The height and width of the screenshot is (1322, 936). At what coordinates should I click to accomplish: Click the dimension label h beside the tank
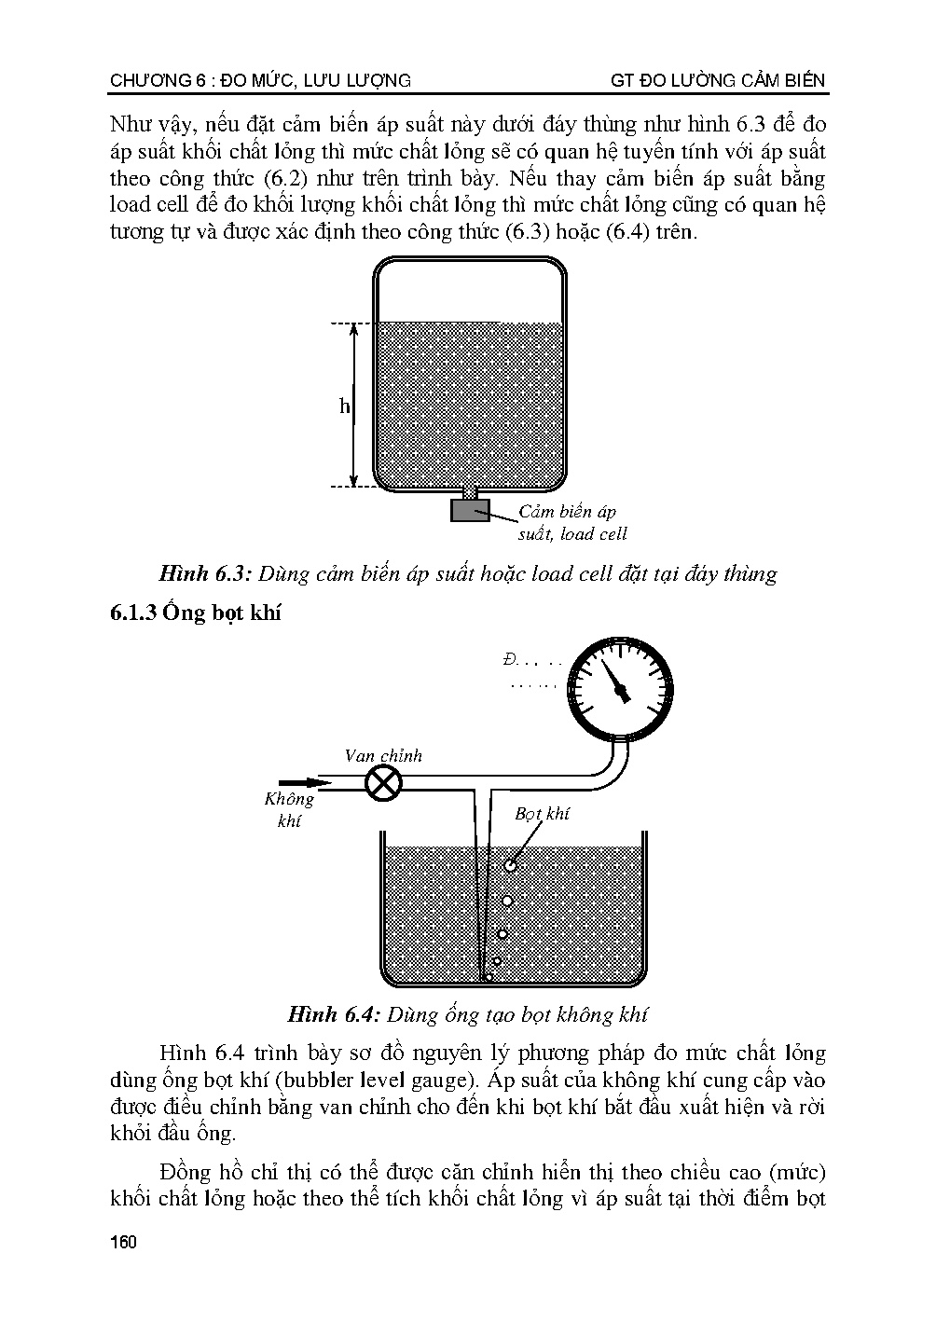[344, 406]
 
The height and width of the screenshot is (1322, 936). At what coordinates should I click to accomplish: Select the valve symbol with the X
[381, 783]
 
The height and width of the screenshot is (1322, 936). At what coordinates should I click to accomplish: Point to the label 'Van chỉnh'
[382, 755]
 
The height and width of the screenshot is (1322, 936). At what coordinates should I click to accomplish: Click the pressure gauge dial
[619, 688]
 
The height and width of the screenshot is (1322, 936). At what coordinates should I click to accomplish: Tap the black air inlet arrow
[298, 782]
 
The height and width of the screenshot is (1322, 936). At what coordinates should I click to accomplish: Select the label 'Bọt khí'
[542, 813]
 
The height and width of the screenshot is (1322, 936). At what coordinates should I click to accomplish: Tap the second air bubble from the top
[507, 901]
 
